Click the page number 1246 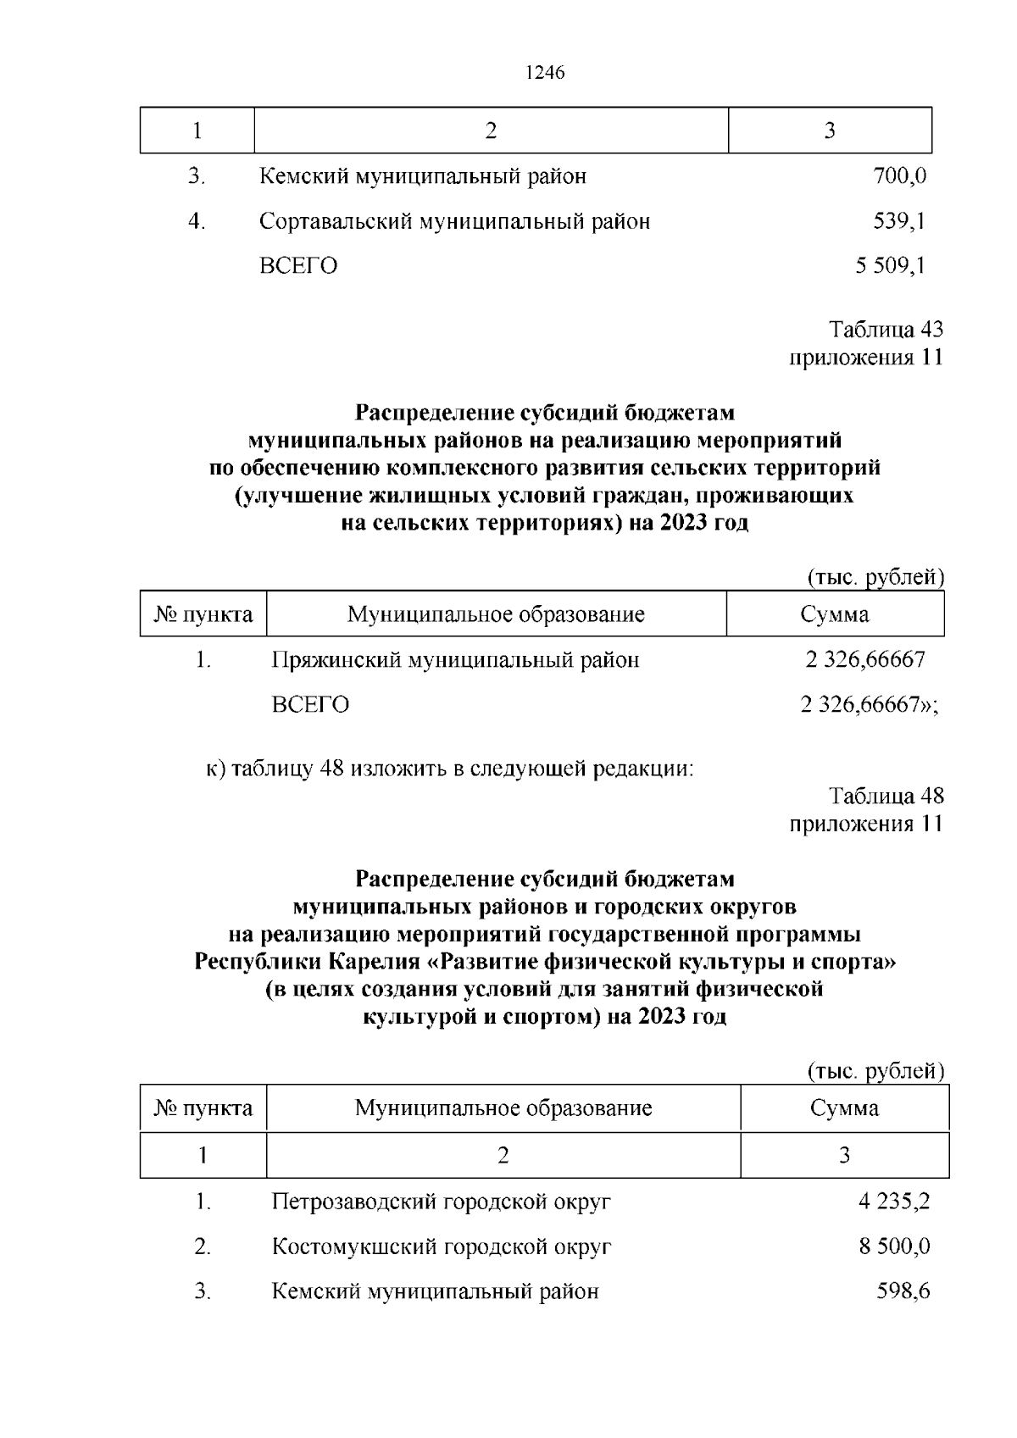544,73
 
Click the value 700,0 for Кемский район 899,176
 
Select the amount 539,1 899,221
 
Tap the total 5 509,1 890,266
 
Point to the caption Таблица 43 886,329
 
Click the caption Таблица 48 886,796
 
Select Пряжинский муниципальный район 455,659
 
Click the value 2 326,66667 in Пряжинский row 864,659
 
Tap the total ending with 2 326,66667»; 869,704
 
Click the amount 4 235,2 894,1202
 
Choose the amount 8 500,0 894,1246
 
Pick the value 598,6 903,1291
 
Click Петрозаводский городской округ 441,1202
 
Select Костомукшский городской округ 441,1246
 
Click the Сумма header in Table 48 844,1108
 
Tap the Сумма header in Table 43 834,614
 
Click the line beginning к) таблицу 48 450,769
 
